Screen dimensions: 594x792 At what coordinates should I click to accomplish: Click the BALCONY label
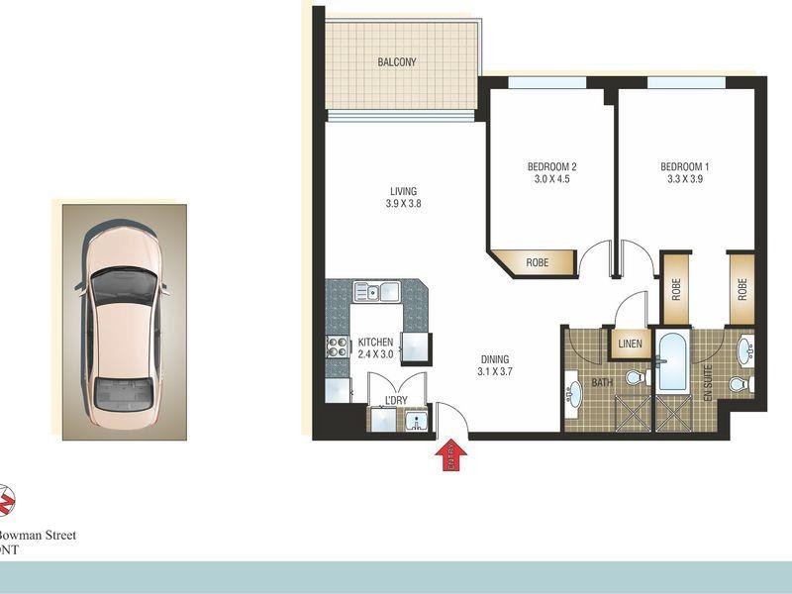(x=397, y=62)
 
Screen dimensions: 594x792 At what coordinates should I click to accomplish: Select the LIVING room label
(x=403, y=191)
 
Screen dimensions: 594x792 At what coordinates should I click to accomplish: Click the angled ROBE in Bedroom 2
(x=537, y=262)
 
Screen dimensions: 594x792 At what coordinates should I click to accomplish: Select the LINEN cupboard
(x=631, y=345)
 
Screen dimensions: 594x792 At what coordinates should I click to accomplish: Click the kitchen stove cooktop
(x=337, y=346)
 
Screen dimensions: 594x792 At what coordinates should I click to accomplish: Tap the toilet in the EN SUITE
(x=740, y=383)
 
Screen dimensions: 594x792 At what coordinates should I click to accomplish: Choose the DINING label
(x=495, y=359)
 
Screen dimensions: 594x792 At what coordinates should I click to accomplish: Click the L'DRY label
(x=396, y=400)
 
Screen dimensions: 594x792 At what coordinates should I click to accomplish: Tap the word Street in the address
(x=54, y=535)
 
